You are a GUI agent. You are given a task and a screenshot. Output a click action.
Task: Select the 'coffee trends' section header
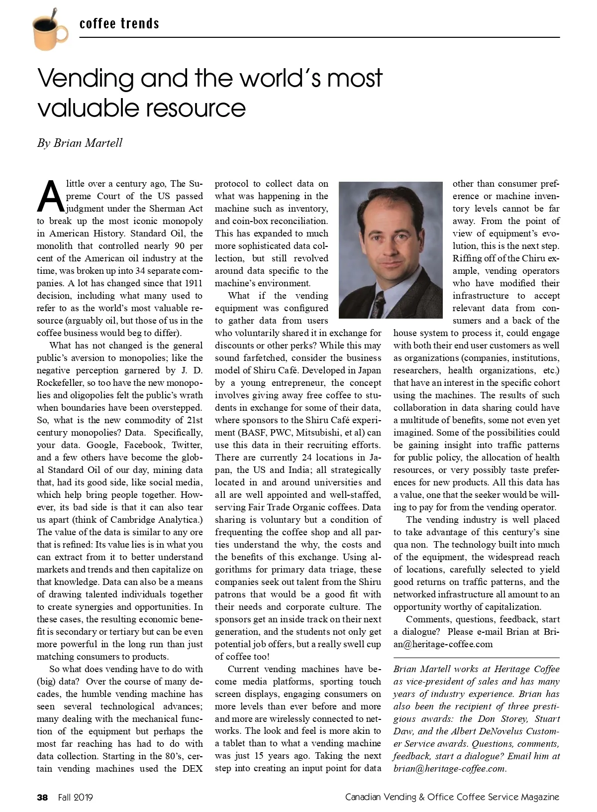(x=119, y=23)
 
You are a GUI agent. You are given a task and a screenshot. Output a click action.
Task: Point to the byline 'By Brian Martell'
(x=80, y=143)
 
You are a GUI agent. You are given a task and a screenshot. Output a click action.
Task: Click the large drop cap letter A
(x=50, y=196)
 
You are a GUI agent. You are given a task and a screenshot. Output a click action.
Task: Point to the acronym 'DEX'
(x=192, y=768)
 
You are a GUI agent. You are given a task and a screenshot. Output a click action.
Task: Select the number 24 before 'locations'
(x=306, y=458)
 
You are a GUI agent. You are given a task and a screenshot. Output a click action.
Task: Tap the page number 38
(x=43, y=797)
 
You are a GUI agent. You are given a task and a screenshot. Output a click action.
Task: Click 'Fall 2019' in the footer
(x=76, y=797)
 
